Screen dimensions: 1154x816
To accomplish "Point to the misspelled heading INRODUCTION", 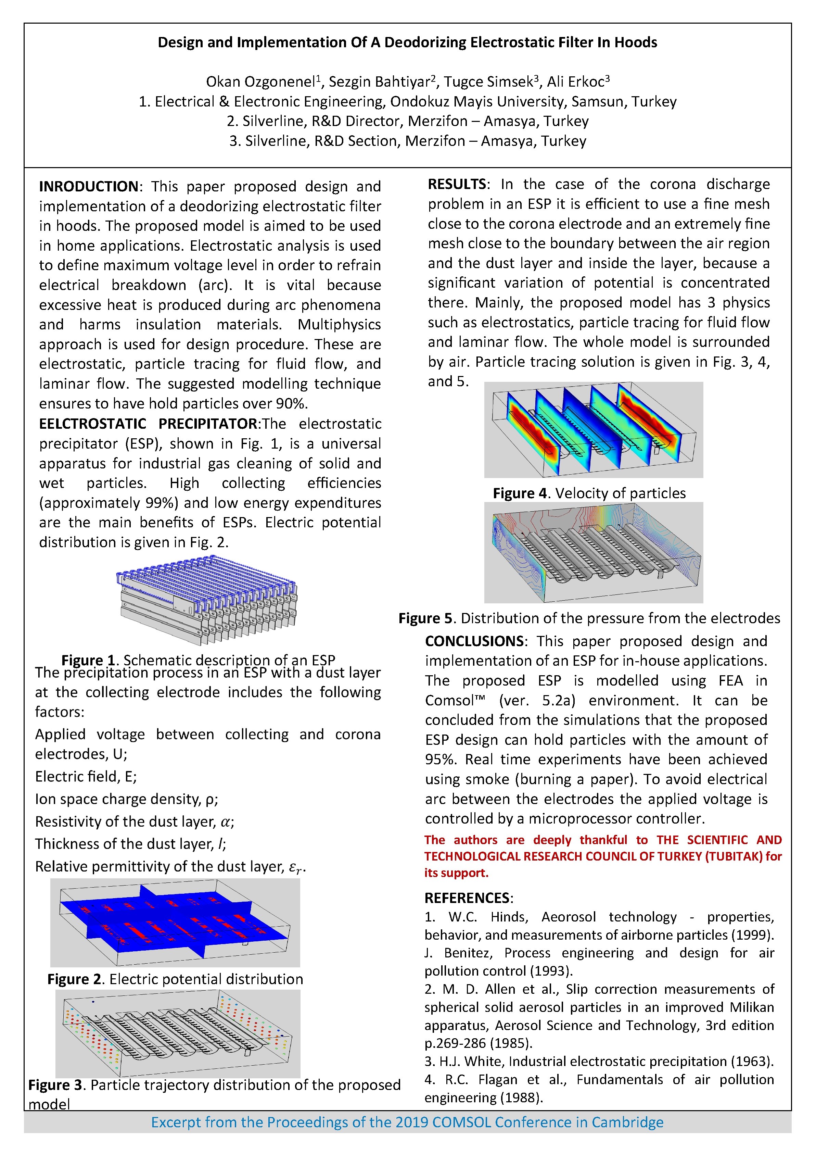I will pyautogui.click(x=88, y=187).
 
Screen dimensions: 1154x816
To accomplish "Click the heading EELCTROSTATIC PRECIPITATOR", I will pyautogui.click(x=148, y=424).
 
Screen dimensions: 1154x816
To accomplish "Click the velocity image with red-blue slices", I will pyautogui.click(x=594, y=430).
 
